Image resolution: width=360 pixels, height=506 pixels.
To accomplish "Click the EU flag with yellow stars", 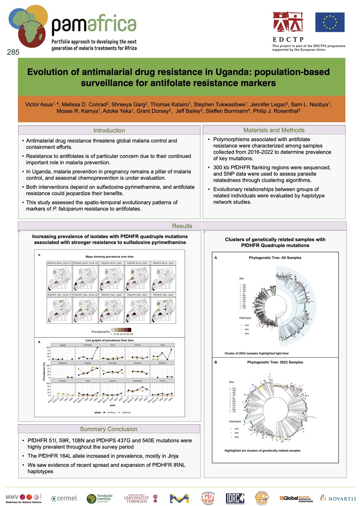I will [x=330, y=22].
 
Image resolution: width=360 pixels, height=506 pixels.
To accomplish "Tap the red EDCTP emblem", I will [x=288, y=22].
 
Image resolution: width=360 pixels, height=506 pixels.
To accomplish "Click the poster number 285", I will [x=13, y=52].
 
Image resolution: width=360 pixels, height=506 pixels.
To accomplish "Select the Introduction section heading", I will [x=109, y=130].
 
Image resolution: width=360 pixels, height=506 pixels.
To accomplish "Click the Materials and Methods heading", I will [x=274, y=130].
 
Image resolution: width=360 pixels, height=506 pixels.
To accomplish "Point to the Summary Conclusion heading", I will [x=108, y=429].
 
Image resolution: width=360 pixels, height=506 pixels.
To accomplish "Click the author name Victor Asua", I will [x=39, y=105].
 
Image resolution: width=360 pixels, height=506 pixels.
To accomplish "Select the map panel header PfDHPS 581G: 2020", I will [x=111, y=263].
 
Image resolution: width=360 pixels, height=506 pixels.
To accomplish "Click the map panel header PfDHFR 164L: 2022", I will [x=163, y=295].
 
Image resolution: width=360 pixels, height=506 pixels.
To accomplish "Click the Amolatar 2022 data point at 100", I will [x=97, y=348].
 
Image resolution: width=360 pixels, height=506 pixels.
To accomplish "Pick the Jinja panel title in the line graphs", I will [x=162, y=345].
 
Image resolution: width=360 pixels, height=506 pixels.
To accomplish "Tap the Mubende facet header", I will [x=137, y=381].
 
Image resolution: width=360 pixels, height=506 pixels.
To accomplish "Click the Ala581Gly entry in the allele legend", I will [x=126, y=412].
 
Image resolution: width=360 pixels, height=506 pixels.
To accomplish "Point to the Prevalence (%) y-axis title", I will [x=44, y=371].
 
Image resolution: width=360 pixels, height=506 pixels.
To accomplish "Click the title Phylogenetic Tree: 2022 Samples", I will [x=275, y=362].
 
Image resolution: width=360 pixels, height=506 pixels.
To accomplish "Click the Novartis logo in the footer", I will [x=338, y=498].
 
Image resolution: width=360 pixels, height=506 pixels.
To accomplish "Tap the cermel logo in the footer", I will [x=64, y=498].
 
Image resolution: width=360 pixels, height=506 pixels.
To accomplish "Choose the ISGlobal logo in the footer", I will [x=296, y=498].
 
